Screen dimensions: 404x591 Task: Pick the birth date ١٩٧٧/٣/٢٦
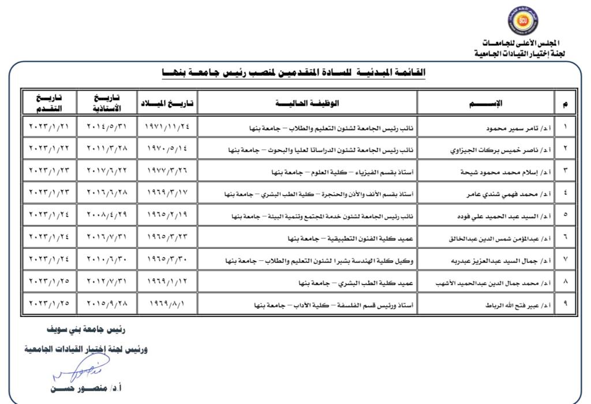click(167, 172)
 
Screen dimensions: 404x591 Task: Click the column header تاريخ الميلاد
click(167, 103)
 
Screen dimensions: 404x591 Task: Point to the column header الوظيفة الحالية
click(307, 103)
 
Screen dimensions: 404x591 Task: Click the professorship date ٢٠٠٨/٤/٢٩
click(106, 214)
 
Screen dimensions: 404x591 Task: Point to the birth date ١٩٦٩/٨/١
click(167, 303)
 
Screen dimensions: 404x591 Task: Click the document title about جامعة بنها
click(294, 72)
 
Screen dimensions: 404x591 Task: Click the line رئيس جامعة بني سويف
click(87, 330)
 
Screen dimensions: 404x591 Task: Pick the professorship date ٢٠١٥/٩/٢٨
click(106, 303)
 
